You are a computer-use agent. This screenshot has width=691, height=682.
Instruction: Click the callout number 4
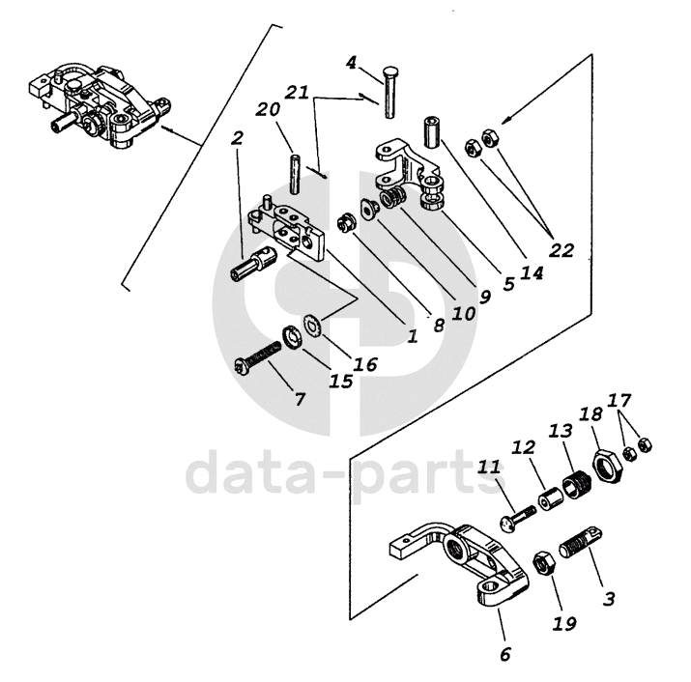(351, 64)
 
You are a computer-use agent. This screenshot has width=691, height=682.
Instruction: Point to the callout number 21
(297, 93)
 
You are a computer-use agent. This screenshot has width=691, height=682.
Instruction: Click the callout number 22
(561, 249)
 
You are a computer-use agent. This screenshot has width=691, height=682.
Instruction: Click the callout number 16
(365, 365)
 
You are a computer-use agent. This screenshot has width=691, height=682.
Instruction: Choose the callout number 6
(505, 654)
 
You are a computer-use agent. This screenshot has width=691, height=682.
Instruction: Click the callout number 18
(591, 413)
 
